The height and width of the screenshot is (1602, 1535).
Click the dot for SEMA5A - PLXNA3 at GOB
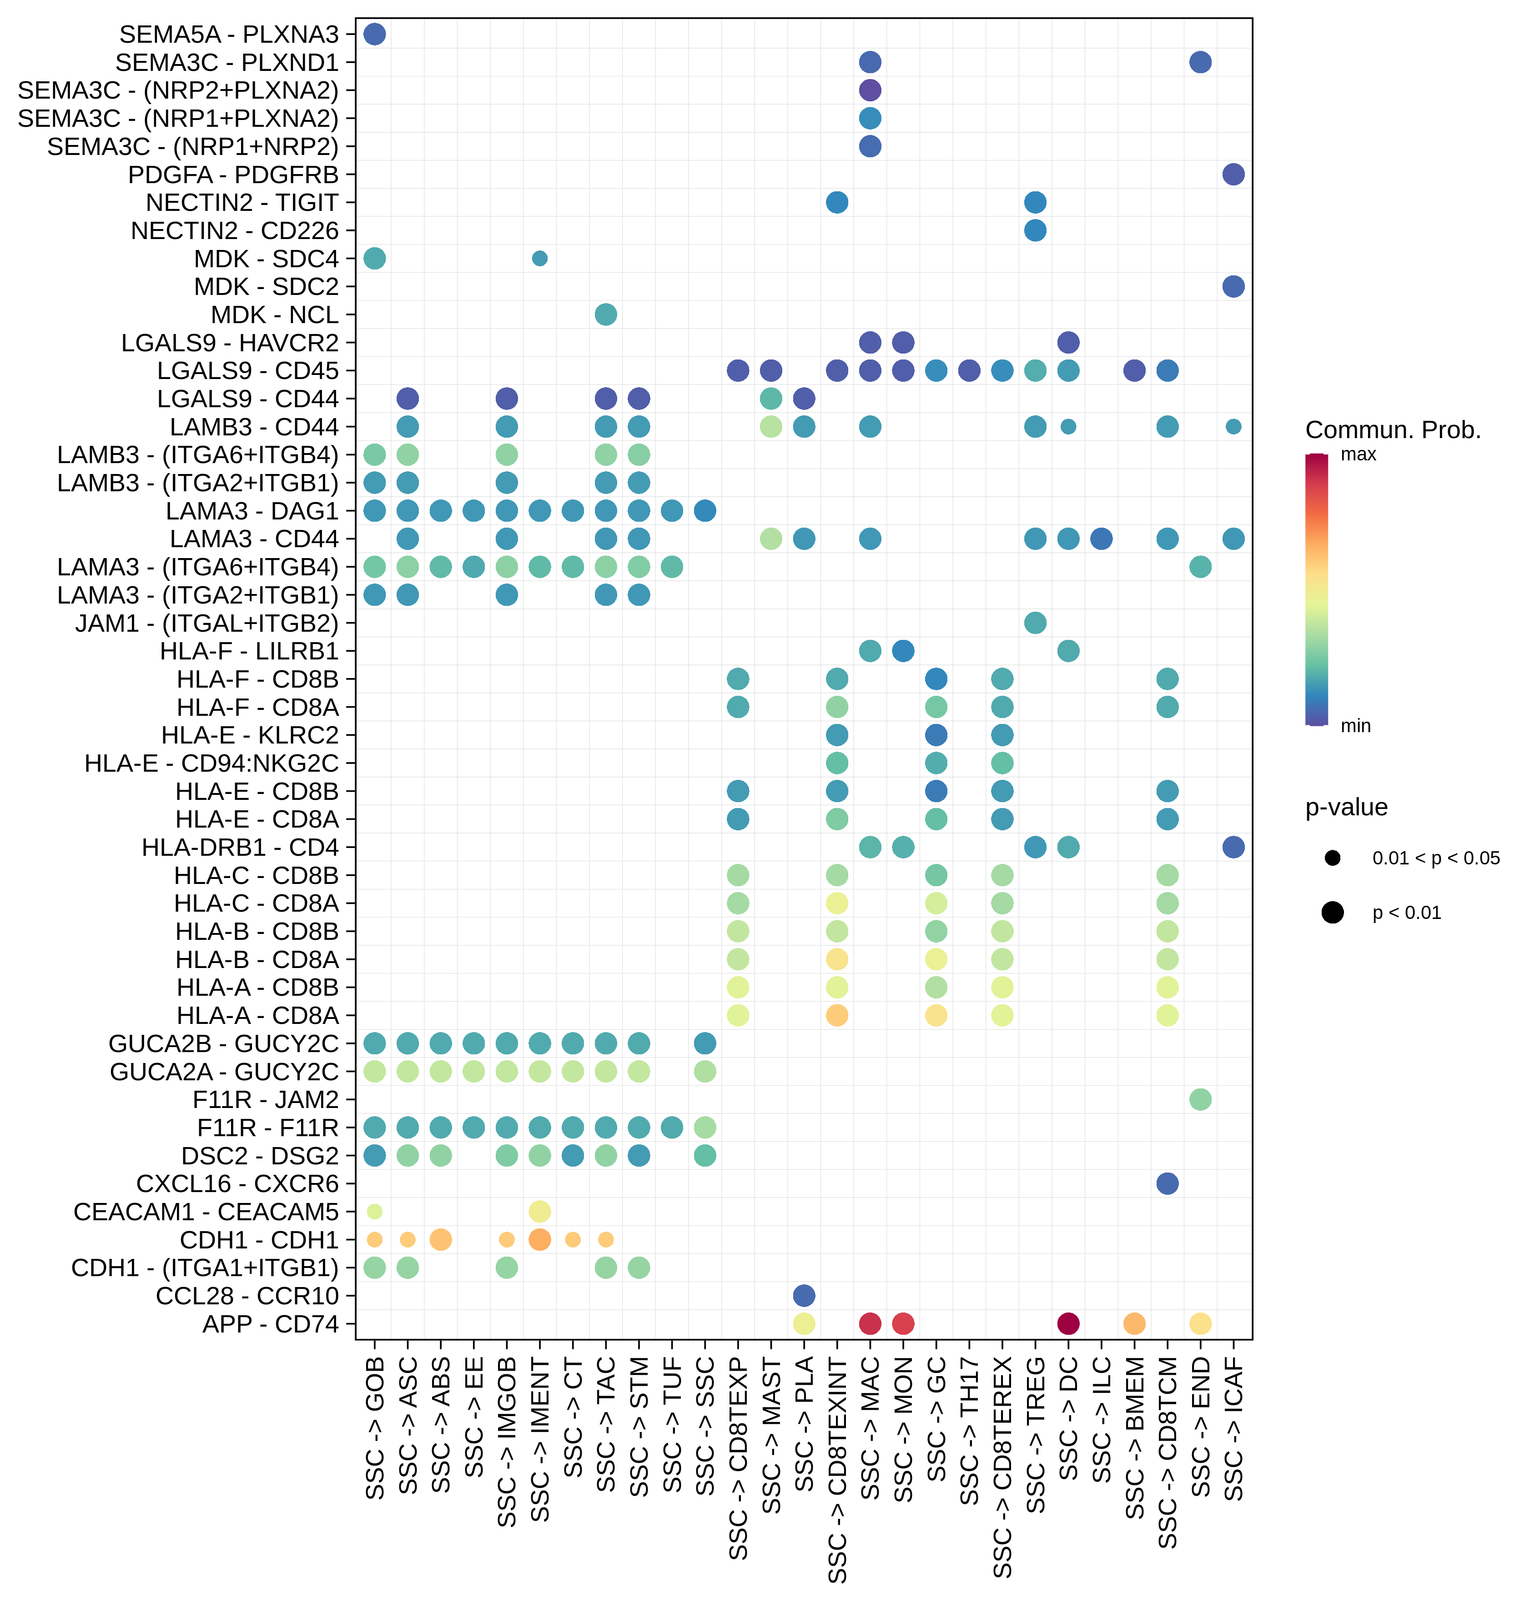coord(375,35)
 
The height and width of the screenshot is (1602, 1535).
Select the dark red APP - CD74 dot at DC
coord(1068,1323)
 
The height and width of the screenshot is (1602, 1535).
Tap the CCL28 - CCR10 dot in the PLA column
coord(804,1296)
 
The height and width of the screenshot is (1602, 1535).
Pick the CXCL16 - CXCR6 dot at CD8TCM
coord(1167,1183)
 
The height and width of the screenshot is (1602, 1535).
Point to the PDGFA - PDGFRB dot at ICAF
coord(1233,174)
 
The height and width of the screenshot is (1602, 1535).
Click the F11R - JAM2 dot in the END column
coord(1200,1099)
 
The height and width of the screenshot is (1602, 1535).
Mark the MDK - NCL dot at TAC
coord(606,314)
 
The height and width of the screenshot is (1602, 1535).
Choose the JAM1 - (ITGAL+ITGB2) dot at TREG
coord(1035,623)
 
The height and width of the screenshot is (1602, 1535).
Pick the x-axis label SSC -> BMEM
coord(1134,1438)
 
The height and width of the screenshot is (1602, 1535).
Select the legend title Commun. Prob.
coord(1393,430)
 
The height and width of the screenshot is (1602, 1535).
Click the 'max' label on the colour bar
coord(1359,454)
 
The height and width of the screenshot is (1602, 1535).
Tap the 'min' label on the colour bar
coord(1355,726)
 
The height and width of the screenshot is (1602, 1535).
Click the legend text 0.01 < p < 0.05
coord(1435,858)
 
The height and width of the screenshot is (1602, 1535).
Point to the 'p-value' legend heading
coord(1346,808)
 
